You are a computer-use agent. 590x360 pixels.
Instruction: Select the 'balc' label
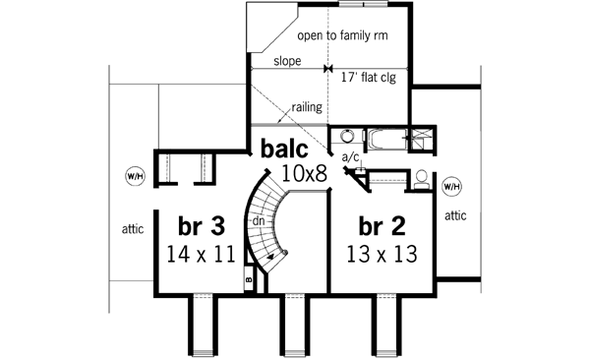pyautogui.click(x=285, y=150)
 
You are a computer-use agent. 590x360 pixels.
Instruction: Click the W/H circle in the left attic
pyautogui.click(x=135, y=176)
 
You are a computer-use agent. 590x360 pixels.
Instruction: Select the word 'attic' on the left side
pyautogui.click(x=134, y=229)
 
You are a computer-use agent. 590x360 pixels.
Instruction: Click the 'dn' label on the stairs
pyautogui.click(x=259, y=221)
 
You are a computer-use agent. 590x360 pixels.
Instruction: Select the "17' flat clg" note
pyautogui.click(x=374, y=75)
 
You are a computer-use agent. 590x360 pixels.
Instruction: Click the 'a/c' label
pyautogui.click(x=349, y=156)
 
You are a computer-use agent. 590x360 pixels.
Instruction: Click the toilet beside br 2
pyautogui.click(x=421, y=179)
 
